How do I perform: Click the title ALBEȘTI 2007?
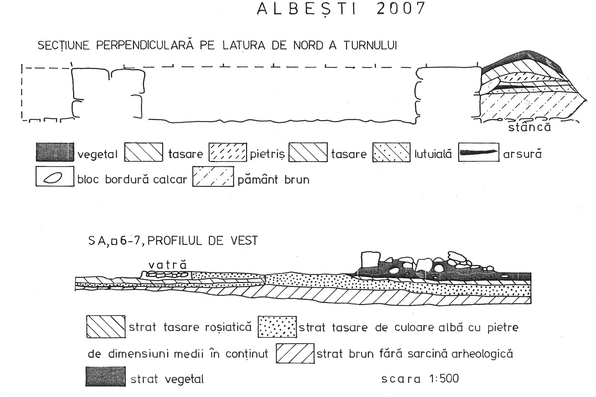pyautogui.click(x=341, y=9)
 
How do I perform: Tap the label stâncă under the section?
pyautogui.click(x=529, y=127)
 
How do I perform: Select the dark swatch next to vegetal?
pyautogui.click(x=55, y=152)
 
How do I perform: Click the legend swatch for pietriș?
pyautogui.click(x=228, y=152)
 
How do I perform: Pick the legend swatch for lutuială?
pyautogui.click(x=391, y=152)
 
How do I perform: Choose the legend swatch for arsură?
pyautogui.click(x=478, y=152)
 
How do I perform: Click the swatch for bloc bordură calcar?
pyautogui.click(x=54, y=176)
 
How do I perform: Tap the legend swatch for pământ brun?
pyautogui.click(x=213, y=177)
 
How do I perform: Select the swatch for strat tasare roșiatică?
pyautogui.click(x=106, y=327)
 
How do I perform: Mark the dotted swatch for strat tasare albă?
pyautogui.click(x=277, y=327)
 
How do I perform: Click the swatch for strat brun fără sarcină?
pyautogui.click(x=295, y=353)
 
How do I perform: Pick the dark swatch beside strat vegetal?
pyautogui.click(x=105, y=376)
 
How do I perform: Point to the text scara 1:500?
pyautogui.click(x=420, y=379)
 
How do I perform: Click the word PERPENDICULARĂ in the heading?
pyautogui.click(x=145, y=45)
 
